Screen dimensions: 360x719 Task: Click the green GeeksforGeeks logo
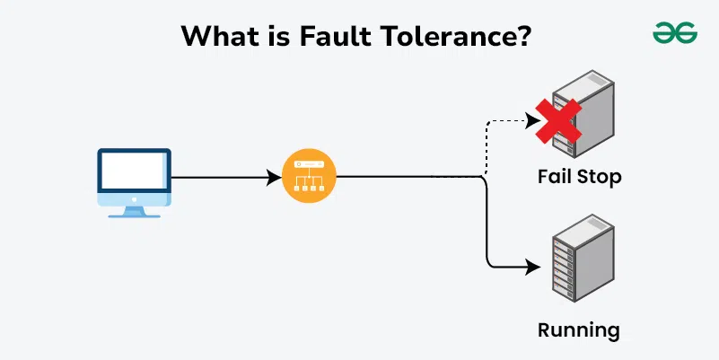674,34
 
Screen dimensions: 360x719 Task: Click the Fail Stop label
579,177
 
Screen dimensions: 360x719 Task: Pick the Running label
579,329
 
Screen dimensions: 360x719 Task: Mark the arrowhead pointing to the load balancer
274,177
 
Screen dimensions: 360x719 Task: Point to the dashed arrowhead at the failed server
531,119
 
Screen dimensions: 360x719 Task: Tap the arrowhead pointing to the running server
531,266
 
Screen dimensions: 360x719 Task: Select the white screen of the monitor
134,171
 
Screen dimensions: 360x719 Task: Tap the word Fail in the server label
555,177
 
